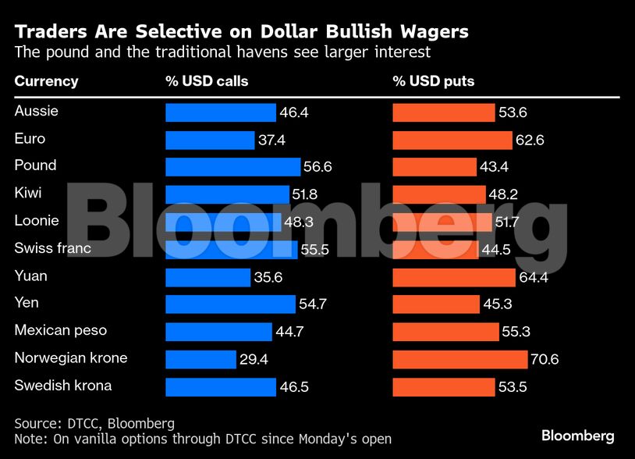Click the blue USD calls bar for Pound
[232, 167]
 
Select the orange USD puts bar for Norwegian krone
[459, 359]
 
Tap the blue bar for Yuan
[208, 277]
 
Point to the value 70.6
[545, 360]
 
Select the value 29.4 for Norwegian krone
[254, 360]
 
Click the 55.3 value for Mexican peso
[516, 332]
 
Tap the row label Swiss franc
[52, 248]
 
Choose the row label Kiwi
[28, 193]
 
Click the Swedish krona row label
[62, 386]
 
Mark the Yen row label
[26, 303]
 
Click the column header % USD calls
[207, 81]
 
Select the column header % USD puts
[433, 81]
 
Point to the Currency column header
[46, 81]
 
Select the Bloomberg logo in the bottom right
[578, 436]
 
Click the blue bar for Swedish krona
[221, 387]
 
